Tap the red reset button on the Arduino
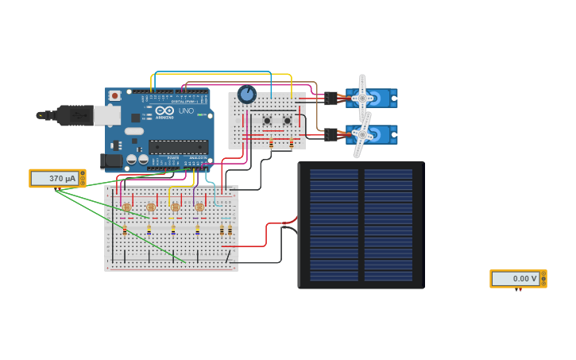click(x=115, y=96)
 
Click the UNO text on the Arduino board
click(x=186, y=112)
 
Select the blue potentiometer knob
click(x=246, y=95)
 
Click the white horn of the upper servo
click(x=362, y=98)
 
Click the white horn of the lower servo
click(x=362, y=134)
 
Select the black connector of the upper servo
click(x=331, y=99)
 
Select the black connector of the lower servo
click(x=331, y=135)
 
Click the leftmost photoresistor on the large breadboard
click(x=126, y=207)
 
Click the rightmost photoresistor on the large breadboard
click(x=199, y=207)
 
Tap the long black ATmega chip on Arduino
click(x=179, y=147)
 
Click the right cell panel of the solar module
click(x=389, y=224)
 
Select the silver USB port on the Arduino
click(x=108, y=116)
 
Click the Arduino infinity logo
click(x=164, y=111)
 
